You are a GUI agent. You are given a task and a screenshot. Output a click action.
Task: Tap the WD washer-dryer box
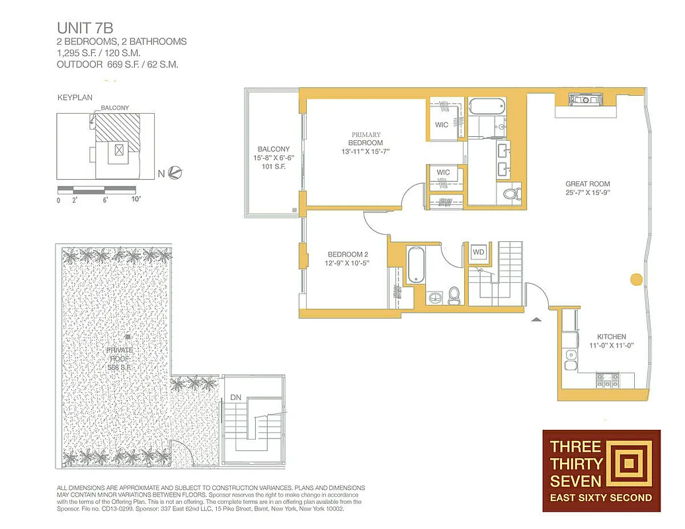point(479,253)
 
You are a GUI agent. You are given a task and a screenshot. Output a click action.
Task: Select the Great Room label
point(587,188)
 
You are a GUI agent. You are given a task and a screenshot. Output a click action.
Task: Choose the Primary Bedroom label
point(366,143)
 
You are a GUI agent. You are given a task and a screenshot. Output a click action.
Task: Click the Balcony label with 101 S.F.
point(273,157)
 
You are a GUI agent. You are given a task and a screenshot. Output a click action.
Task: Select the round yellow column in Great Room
point(637,278)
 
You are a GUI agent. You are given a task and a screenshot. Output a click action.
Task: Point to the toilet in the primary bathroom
point(510,193)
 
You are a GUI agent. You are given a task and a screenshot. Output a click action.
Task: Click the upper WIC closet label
point(442,124)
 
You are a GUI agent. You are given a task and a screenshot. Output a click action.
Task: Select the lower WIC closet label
point(443,173)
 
